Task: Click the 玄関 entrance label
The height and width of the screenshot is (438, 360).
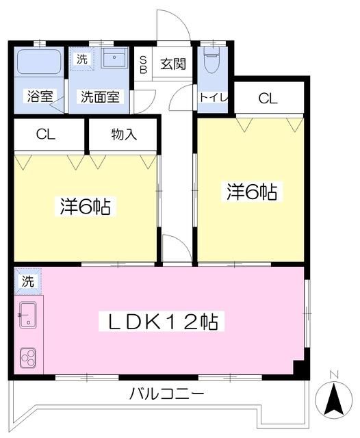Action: (173, 64)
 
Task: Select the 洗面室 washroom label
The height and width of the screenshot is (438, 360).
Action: (100, 96)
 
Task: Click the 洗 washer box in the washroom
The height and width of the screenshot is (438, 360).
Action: (81, 59)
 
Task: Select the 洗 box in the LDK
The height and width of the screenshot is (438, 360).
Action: (27, 281)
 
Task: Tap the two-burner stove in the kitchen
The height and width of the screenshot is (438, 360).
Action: (29, 357)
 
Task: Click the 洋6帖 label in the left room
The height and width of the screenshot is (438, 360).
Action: (86, 205)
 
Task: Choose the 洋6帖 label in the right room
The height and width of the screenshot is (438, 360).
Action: (251, 192)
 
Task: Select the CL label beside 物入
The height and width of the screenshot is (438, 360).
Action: (45, 134)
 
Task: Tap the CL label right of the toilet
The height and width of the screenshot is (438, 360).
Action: (268, 98)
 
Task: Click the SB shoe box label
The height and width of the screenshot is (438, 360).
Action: (143, 64)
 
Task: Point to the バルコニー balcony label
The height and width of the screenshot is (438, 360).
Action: (166, 395)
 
